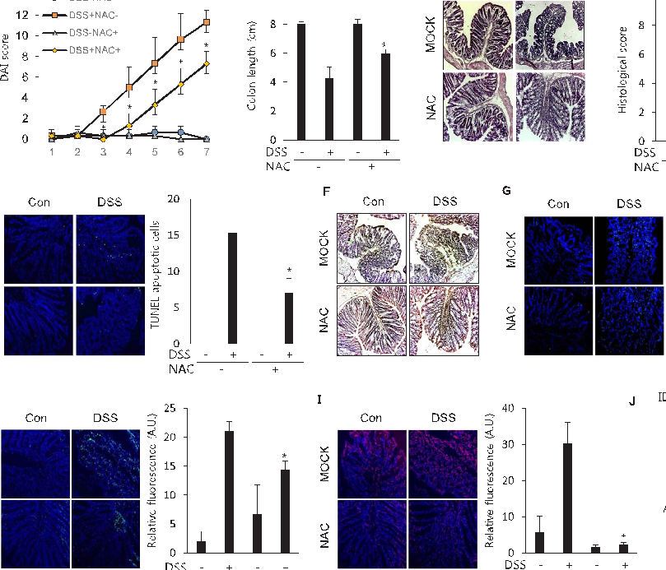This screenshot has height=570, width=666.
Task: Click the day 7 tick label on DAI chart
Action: click(205, 152)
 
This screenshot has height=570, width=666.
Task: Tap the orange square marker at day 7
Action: click(206, 22)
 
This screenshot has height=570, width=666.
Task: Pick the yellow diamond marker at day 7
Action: click(206, 63)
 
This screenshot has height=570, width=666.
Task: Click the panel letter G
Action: click(507, 192)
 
